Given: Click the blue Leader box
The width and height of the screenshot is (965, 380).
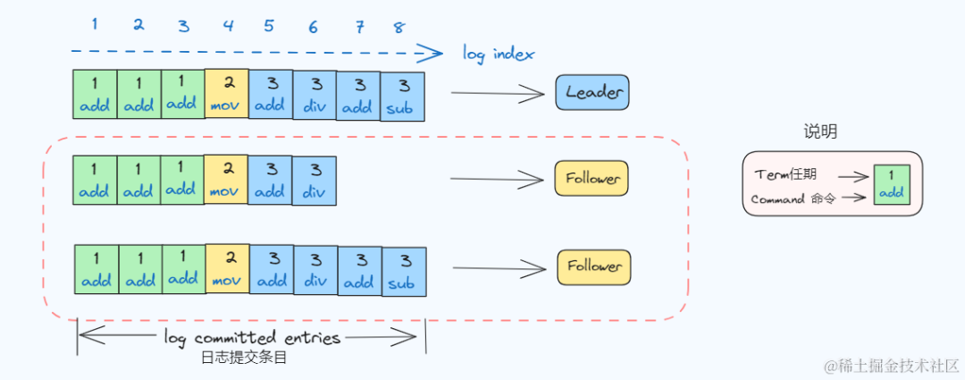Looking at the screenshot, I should point(592,92).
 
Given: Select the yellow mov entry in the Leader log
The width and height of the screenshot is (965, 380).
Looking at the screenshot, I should point(227,95).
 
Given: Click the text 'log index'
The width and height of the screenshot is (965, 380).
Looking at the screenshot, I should point(499,54).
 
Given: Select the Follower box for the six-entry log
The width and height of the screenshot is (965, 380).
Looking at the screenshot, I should point(591,179).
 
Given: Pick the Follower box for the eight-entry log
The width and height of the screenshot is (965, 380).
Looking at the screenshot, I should point(594,266).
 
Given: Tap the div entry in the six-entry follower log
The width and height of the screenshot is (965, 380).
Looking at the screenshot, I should point(314,181).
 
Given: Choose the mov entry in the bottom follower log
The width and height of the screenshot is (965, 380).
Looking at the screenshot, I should point(228,269).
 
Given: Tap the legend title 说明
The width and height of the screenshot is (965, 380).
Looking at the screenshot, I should point(820,132).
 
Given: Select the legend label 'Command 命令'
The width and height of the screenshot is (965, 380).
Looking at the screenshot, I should point(793,199).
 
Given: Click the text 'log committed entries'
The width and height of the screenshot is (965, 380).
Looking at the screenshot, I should point(252,338).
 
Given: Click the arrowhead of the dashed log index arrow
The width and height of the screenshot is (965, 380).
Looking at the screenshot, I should point(434,53).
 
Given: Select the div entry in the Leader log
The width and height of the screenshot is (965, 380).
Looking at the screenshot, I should point(315,95).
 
